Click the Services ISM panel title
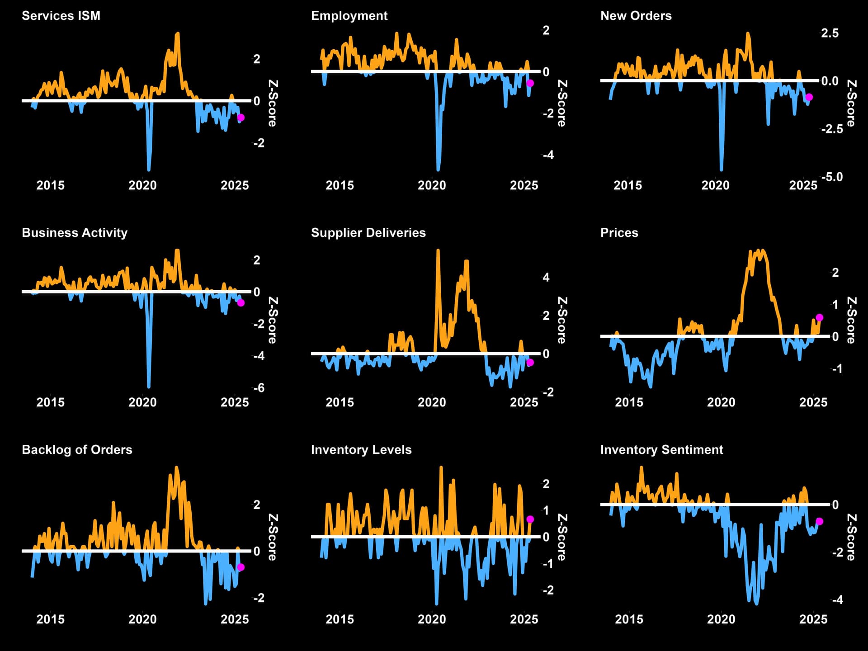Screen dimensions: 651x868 point(61,16)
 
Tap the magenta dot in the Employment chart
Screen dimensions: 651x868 point(530,83)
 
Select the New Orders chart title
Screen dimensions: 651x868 point(636,16)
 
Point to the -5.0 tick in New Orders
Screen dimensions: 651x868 point(832,177)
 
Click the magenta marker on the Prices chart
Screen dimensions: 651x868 point(820,317)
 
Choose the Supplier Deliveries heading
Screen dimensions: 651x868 point(368,233)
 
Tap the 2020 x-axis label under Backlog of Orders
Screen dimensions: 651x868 point(142,619)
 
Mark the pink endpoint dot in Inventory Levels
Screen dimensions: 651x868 point(530,519)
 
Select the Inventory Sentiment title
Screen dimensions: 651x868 point(661,450)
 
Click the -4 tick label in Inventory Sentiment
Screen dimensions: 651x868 point(837,600)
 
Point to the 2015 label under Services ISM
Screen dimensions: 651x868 point(50,185)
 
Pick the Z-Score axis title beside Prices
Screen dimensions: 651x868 point(851,320)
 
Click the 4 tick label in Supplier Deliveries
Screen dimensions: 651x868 point(546,277)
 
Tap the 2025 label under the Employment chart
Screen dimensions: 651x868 point(524,185)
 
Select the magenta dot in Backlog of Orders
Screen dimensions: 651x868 point(241,567)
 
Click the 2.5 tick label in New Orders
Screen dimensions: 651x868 point(830,33)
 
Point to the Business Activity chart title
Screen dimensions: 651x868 point(75,233)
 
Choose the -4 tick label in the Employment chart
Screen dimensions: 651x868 point(548,155)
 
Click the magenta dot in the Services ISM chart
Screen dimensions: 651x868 point(241,118)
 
